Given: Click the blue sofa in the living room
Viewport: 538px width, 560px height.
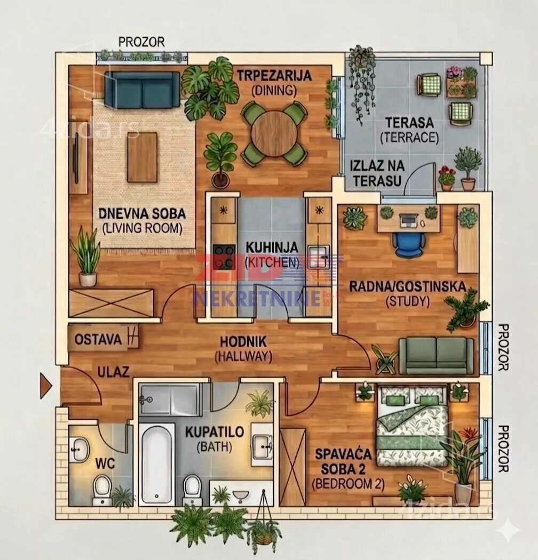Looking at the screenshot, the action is point(143,89).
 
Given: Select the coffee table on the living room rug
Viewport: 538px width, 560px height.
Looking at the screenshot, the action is point(143,157).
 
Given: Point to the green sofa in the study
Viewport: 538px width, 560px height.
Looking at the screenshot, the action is point(436,355).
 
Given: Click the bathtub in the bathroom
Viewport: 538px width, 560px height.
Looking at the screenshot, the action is point(156,463).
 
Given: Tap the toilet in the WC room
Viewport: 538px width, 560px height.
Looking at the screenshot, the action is point(102,490).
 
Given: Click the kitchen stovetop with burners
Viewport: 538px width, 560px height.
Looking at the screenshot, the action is point(224,257).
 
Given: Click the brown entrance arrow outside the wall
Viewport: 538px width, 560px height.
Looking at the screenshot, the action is point(46,386).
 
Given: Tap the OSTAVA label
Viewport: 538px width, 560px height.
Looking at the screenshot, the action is point(98,339).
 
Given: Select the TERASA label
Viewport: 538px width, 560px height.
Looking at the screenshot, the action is point(409,123).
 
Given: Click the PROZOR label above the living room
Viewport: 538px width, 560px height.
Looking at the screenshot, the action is point(141,42).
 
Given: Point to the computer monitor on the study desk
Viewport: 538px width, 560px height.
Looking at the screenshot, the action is point(408,220).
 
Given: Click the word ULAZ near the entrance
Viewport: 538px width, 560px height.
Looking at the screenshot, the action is point(113,372).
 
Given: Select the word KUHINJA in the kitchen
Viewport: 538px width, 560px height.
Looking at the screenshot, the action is point(272,247).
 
